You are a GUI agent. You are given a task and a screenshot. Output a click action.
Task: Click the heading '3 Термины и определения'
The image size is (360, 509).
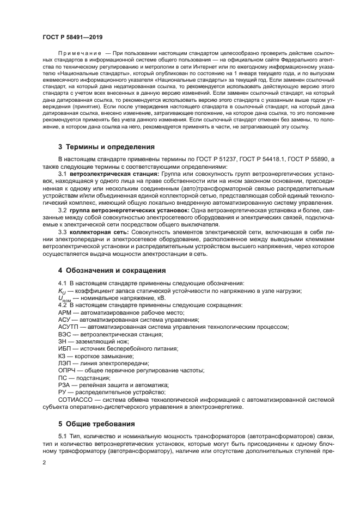pos(106,147)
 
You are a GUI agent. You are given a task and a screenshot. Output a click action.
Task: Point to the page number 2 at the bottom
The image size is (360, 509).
pos(44,462)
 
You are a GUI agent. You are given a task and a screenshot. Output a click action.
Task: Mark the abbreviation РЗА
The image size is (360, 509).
pos(64,385)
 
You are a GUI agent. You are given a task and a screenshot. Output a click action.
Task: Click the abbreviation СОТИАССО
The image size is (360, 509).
pos(75,399)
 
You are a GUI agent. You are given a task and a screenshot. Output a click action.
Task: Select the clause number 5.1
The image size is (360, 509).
pos(62,437)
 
